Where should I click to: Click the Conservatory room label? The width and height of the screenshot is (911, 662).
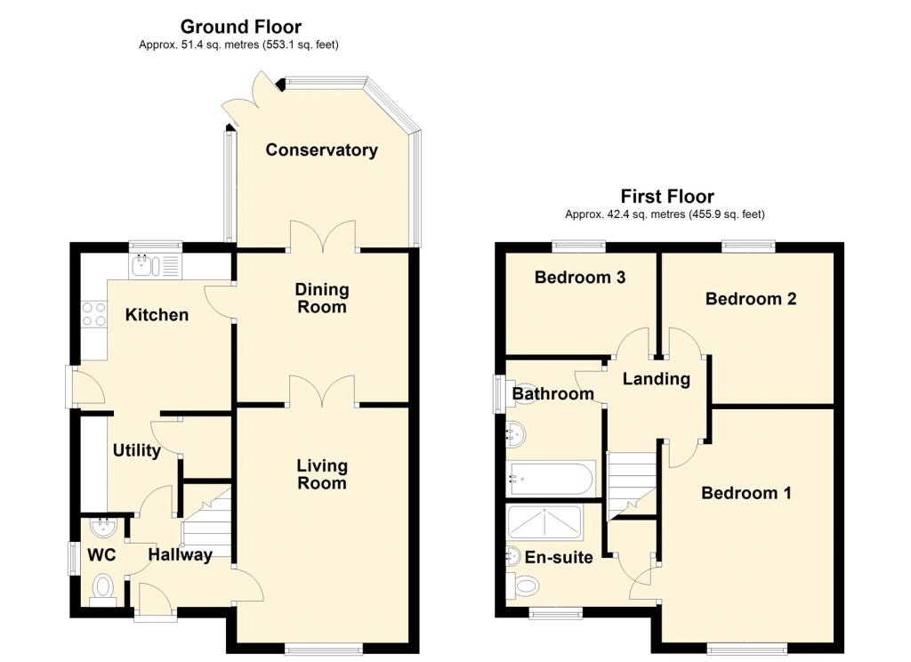click(321, 150)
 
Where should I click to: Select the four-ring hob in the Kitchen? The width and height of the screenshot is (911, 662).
click(93, 314)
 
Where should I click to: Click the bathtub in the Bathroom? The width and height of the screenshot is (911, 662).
click(550, 479)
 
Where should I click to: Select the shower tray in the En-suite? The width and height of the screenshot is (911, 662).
click(544, 522)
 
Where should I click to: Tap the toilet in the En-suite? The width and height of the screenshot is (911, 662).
click(523, 585)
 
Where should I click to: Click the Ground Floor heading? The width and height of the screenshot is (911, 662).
click(240, 27)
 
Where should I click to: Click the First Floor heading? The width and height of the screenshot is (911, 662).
click(667, 196)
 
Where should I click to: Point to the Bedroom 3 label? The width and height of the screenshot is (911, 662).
click(580, 278)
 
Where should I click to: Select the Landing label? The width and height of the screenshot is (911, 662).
click(657, 379)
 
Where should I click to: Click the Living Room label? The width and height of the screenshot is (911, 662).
click(322, 473)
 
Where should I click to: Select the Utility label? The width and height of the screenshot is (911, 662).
click(136, 450)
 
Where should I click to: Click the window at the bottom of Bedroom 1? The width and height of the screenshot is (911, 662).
click(747, 648)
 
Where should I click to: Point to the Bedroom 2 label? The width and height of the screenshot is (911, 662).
click(751, 299)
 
